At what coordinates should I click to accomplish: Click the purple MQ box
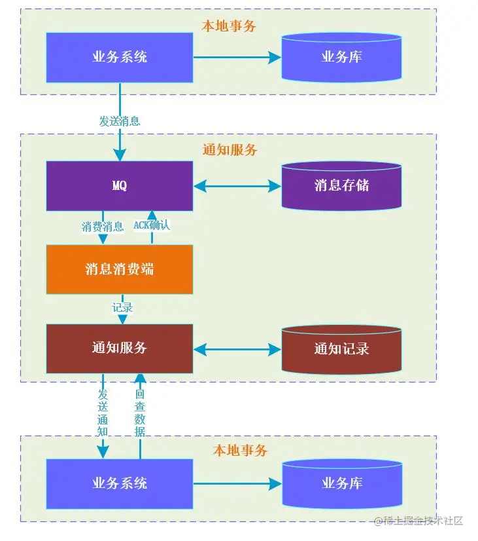pyautogui.click(x=120, y=186)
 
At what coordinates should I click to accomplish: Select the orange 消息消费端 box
pyautogui.click(x=120, y=269)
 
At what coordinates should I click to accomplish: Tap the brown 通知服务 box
pyautogui.click(x=120, y=348)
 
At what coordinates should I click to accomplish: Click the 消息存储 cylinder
pyautogui.click(x=341, y=186)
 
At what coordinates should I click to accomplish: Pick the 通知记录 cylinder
pyautogui.click(x=341, y=349)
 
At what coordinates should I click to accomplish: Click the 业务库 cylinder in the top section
pyautogui.click(x=341, y=58)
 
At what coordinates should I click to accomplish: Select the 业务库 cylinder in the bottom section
pyautogui.click(x=341, y=484)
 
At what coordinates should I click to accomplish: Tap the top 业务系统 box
pyautogui.click(x=120, y=57)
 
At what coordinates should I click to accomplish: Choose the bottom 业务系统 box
pyautogui.click(x=120, y=484)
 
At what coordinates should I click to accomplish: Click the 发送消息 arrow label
pyautogui.click(x=120, y=121)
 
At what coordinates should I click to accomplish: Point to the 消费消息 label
pyautogui.click(x=103, y=227)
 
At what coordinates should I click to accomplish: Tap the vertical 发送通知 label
pyautogui.click(x=103, y=413)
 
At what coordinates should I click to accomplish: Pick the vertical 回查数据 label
pyautogui.click(x=140, y=413)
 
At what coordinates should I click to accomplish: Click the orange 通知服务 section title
pyautogui.click(x=230, y=150)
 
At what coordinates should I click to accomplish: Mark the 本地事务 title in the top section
pyautogui.click(x=229, y=26)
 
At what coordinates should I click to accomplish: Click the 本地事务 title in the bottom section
pyautogui.click(x=240, y=451)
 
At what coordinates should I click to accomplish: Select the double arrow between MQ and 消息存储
pyautogui.click(x=237, y=186)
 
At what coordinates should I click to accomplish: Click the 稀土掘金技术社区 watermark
pyautogui.click(x=418, y=521)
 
